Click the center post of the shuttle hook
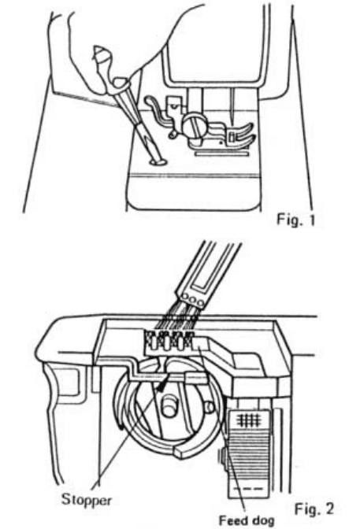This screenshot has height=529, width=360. pos(168,408)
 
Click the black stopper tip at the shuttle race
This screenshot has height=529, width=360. pos(161,383)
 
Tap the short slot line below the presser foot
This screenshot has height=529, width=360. pos(221,157)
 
